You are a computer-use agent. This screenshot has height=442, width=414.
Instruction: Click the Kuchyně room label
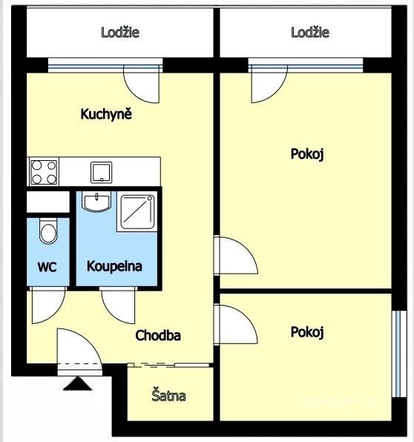coord(106,114)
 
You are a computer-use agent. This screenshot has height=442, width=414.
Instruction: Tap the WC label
coord(47,267)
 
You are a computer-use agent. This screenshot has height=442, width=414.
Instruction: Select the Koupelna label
coord(114,266)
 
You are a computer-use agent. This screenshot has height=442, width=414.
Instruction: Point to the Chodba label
coord(158,335)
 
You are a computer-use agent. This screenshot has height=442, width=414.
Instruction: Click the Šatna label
coord(168,395)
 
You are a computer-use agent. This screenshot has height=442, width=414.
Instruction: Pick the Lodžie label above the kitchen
coord(120,33)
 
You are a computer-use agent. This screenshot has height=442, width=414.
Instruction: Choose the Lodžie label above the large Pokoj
coord(310,33)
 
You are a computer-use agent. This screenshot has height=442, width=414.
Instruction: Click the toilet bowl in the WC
coord(48,231)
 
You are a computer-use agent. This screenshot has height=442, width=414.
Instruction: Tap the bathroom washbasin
coord(96,201)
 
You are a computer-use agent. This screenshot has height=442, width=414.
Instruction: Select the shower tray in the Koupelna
coord(137,211)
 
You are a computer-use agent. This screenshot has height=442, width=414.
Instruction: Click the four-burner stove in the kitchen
coord(44,172)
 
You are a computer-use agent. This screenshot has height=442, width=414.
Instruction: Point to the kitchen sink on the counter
coord(101,172)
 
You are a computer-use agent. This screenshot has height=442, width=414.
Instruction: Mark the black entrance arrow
coord(78,384)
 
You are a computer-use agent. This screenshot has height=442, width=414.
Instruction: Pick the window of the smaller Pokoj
coord(400,354)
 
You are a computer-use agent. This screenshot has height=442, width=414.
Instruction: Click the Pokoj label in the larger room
coord(307,154)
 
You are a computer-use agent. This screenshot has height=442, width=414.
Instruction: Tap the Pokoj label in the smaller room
coord(307,332)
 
